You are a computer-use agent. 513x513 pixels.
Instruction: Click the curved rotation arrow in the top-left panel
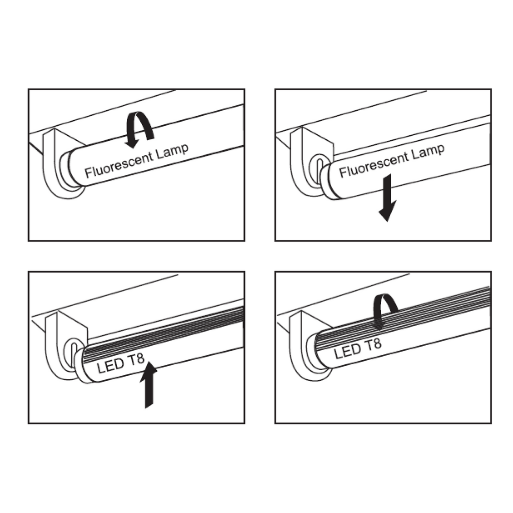click(139, 128)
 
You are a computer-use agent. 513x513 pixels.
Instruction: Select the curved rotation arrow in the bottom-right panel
click(385, 311)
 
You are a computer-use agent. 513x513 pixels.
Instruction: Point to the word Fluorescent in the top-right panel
click(373, 164)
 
